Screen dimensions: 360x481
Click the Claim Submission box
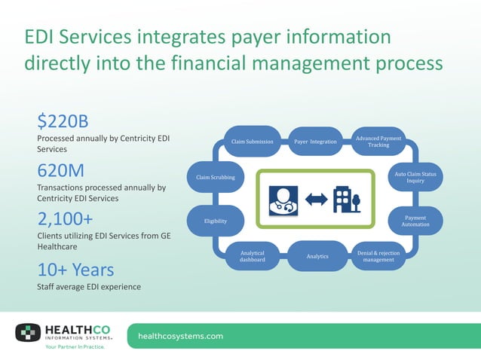pos(252,141)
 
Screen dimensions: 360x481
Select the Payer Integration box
pos(314,141)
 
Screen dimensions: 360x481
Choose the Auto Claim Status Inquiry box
pos(415,178)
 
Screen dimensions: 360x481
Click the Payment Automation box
pos(415,221)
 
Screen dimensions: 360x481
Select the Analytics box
pos(317,256)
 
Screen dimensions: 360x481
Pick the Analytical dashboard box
pos(252,256)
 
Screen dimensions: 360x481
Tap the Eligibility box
pos(215,221)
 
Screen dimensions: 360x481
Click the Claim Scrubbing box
pos(215,178)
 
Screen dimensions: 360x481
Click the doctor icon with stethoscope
pos(283,200)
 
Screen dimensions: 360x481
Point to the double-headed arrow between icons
pos(316,200)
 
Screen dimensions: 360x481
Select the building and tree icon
pos(346,200)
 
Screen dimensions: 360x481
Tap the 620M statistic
pos(61,169)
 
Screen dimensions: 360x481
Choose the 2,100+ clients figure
pos(65,219)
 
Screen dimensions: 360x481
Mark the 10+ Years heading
pos(75,269)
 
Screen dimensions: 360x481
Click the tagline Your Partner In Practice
pos(75,347)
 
